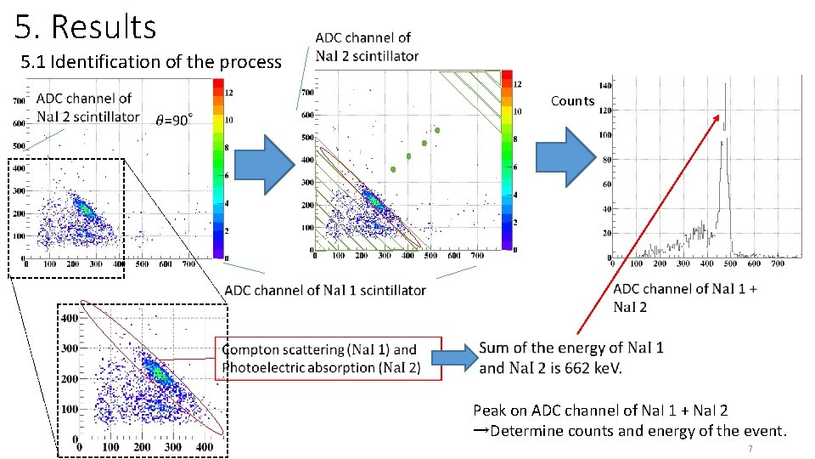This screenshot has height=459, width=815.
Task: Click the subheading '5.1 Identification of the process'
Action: click(x=150, y=62)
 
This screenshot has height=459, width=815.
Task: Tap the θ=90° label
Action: click(x=174, y=120)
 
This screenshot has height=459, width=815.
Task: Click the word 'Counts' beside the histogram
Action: click(x=572, y=101)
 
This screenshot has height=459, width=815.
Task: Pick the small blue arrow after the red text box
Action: click(x=458, y=357)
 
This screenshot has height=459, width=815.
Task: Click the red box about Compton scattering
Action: click(x=329, y=358)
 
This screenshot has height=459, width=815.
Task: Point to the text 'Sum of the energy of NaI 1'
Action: click(x=571, y=348)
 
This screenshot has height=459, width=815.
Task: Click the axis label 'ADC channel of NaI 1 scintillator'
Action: click(x=325, y=290)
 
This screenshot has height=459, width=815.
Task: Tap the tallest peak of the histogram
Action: click(x=725, y=85)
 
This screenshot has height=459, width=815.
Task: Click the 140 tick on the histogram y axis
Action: click(x=604, y=86)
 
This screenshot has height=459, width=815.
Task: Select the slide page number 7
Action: click(x=750, y=448)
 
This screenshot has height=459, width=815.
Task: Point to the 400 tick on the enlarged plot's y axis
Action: click(x=67, y=317)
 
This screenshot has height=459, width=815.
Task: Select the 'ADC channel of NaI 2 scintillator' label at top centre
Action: click(x=366, y=47)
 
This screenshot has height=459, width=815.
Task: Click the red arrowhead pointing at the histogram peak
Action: click(x=720, y=117)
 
